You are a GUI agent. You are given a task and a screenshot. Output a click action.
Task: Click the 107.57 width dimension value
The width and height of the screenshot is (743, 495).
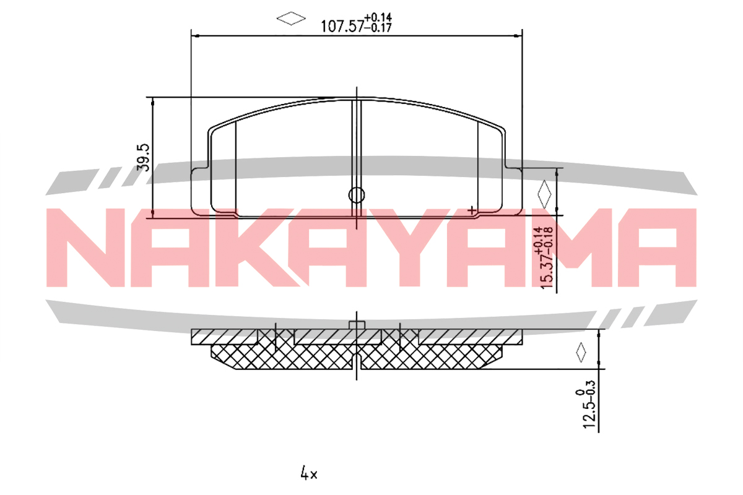[x=342, y=27]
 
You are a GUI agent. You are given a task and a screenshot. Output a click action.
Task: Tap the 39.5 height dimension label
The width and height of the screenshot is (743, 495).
[x=144, y=157]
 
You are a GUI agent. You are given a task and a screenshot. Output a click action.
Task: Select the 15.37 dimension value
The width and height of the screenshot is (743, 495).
[x=547, y=272]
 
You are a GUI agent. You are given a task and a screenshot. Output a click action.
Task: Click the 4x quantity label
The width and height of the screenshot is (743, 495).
[x=309, y=473]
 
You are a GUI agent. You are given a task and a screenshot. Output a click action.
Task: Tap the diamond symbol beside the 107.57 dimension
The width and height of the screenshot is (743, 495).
[x=291, y=19]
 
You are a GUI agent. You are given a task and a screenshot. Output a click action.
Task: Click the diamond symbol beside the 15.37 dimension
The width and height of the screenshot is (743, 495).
[x=544, y=195]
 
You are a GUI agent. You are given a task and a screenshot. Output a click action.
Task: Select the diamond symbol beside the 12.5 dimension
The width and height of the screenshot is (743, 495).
[x=581, y=352]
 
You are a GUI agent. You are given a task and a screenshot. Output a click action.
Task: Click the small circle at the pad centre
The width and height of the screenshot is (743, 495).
[x=357, y=195]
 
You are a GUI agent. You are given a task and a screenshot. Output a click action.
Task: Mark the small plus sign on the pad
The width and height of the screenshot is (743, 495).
[x=471, y=210]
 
